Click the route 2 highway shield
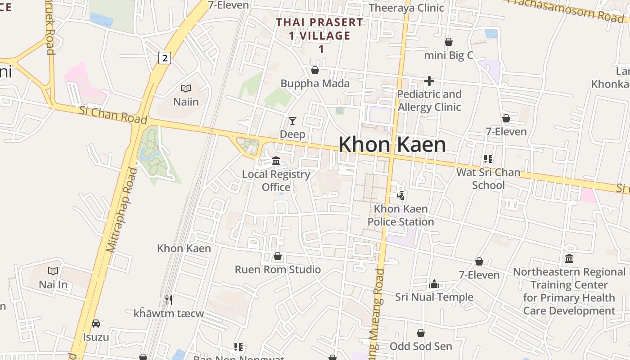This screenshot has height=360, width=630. (x=165, y=58)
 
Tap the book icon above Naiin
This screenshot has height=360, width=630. (x=185, y=88)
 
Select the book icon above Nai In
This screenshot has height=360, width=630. (x=53, y=271)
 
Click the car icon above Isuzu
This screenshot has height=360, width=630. (x=96, y=324)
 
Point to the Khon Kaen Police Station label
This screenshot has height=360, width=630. (x=400, y=216)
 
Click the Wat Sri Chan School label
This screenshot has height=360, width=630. (x=488, y=179)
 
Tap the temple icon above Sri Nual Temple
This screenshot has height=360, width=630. (x=434, y=284)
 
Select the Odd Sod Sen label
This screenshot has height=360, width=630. (x=421, y=346)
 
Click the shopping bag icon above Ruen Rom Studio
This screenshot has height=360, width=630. (x=278, y=256)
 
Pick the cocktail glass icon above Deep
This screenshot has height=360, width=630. (x=292, y=121)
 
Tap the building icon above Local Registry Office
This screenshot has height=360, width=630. (x=276, y=161)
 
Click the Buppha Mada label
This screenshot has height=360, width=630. (x=315, y=84)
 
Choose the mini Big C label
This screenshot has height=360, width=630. (x=449, y=55)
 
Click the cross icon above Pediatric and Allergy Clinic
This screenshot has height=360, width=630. (x=429, y=81)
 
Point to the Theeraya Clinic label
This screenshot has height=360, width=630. (x=406, y=8)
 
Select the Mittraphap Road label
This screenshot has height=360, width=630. (x=121, y=210)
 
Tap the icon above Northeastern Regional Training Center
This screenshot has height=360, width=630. (x=569, y=258)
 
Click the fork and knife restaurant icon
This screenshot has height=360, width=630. (x=169, y=299)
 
